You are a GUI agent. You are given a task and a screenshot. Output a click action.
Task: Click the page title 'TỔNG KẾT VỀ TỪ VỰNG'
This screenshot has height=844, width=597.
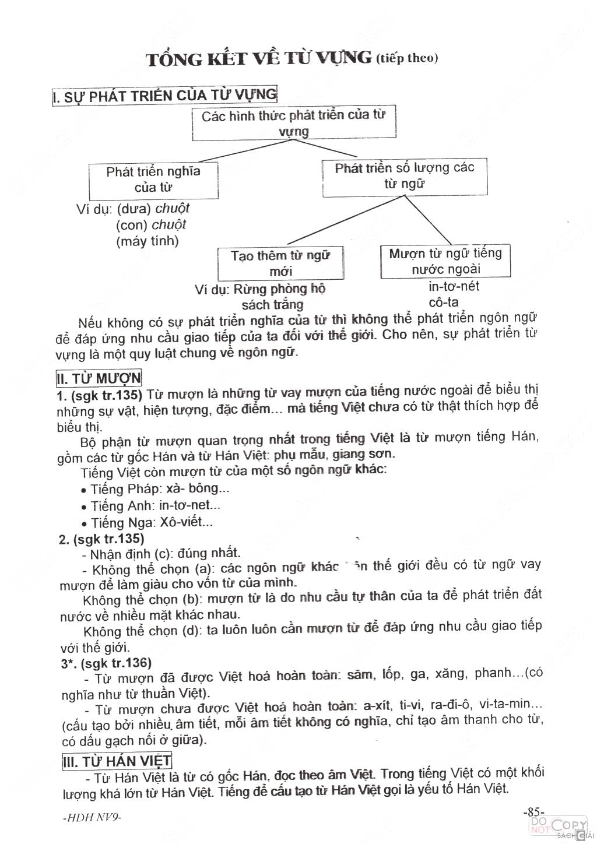click(x=259, y=59)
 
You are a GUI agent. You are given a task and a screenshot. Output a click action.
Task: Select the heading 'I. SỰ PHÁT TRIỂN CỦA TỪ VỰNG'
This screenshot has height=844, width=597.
click(x=164, y=96)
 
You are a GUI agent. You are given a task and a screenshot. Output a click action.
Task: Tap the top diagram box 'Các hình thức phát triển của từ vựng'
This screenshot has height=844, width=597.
click(x=294, y=123)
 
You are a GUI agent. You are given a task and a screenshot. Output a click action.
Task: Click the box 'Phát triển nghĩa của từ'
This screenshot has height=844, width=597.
click(x=153, y=180)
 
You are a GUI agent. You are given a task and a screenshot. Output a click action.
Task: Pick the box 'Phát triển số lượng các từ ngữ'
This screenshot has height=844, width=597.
click(x=405, y=176)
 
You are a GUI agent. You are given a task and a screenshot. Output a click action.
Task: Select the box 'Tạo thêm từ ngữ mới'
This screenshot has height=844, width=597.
click(x=280, y=263)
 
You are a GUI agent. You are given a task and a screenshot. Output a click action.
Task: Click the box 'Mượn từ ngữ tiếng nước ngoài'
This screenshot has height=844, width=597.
click(x=445, y=261)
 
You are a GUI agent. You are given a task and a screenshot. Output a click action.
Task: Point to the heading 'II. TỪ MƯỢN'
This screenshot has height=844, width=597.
click(x=99, y=378)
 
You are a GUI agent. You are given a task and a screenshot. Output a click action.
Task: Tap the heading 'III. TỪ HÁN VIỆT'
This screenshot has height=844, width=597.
click(x=117, y=761)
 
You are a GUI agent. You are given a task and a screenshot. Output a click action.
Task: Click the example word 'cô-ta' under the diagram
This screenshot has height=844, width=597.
click(x=444, y=303)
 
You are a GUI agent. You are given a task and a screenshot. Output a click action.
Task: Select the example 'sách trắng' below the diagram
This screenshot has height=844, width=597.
click(x=273, y=305)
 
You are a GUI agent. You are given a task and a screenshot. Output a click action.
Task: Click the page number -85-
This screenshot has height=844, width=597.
click(x=533, y=811)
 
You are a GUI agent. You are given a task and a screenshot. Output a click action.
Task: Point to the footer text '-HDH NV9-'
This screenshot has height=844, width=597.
click(x=92, y=817)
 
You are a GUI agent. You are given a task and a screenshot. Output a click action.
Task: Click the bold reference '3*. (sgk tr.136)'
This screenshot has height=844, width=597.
click(x=106, y=663)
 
